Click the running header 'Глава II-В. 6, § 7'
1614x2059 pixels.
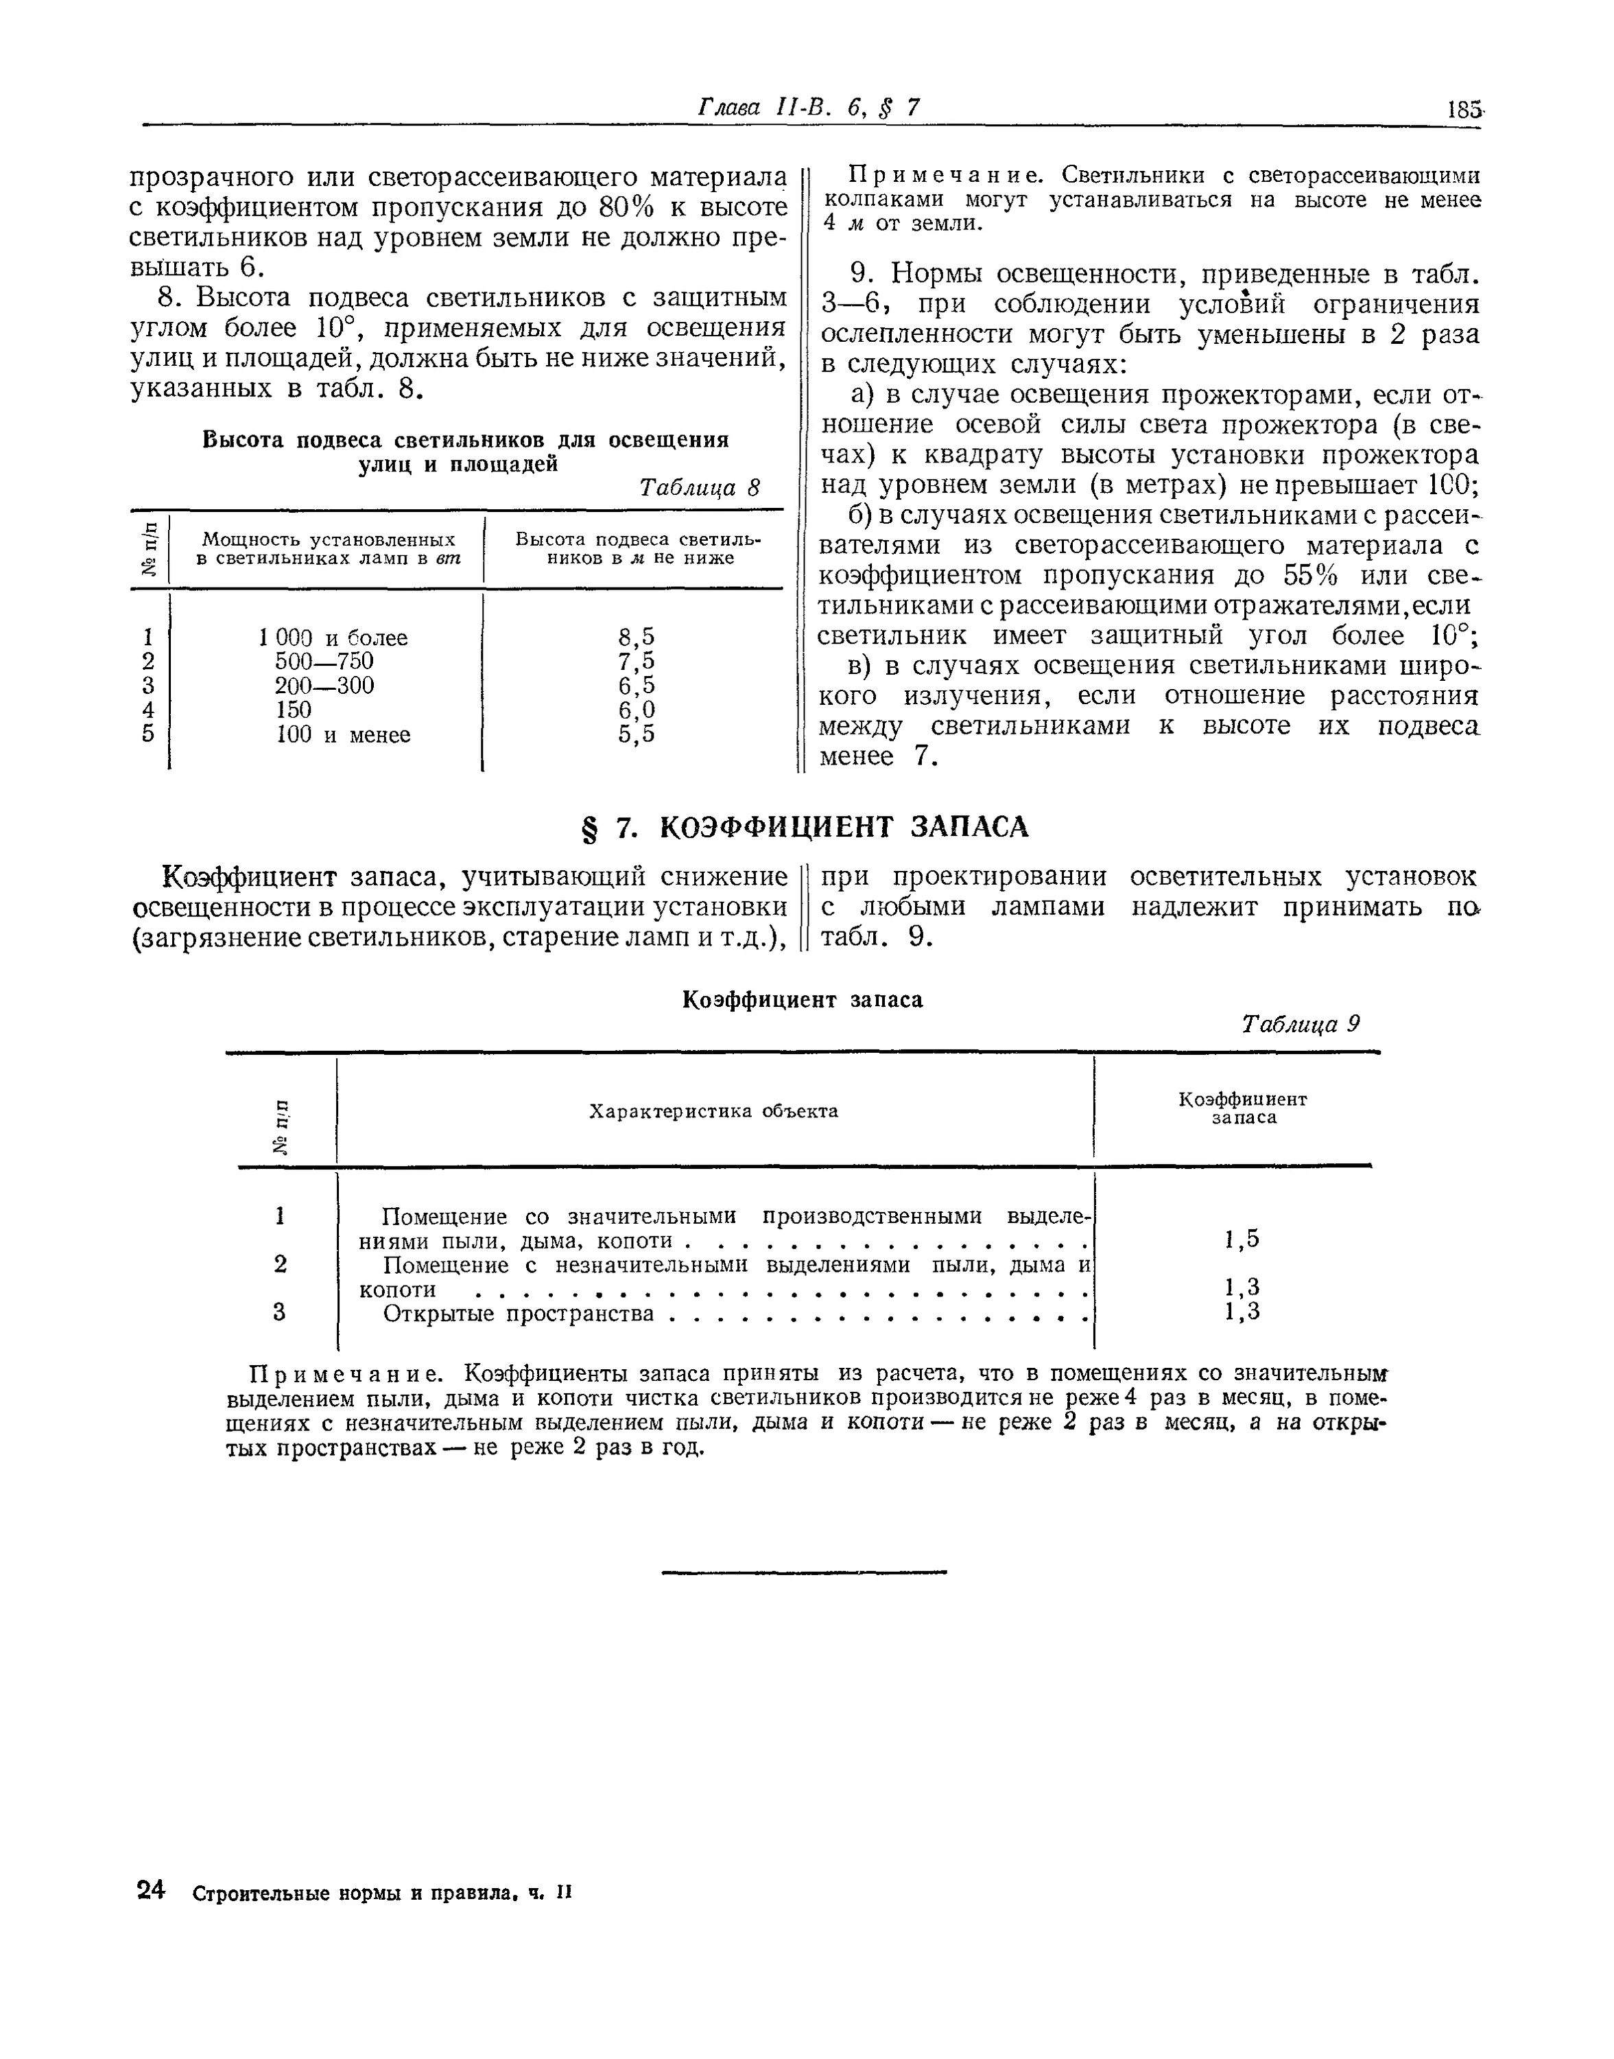click(x=808, y=108)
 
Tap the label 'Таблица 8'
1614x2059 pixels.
click(x=699, y=488)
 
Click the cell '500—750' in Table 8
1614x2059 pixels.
click(x=324, y=662)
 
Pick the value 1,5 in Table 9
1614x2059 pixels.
click(x=1242, y=1240)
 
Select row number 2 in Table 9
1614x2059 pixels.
click(x=280, y=1264)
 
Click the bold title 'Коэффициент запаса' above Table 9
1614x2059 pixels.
click(x=803, y=999)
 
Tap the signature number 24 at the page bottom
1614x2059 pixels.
click(x=151, y=1889)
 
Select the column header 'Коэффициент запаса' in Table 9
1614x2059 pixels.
click(x=1243, y=1108)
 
